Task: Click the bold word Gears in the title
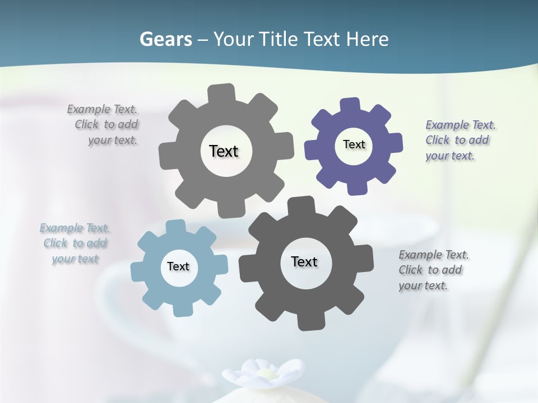pyautogui.click(x=166, y=39)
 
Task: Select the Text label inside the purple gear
pyautogui.click(x=354, y=144)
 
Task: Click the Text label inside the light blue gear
pyautogui.click(x=178, y=266)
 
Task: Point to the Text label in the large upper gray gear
pyautogui.click(x=224, y=151)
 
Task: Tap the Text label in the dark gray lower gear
pyautogui.click(x=304, y=261)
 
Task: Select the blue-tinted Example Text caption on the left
pyautogui.click(x=75, y=243)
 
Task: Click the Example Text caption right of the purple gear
pyautogui.click(x=460, y=140)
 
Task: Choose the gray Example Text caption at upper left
pyautogui.click(x=104, y=124)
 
